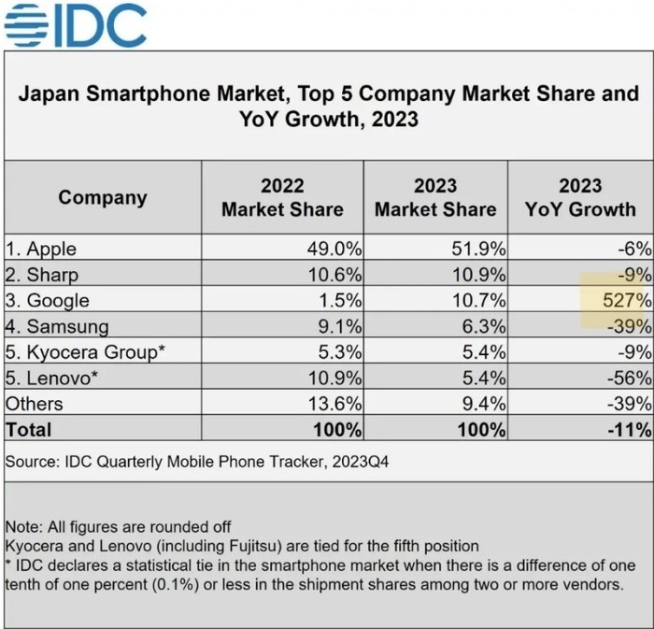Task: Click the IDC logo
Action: point(76,25)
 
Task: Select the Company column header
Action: point(103,197)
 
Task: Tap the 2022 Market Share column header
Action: point(282,197)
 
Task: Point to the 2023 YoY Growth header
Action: point(580,197)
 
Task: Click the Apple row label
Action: point(41,249)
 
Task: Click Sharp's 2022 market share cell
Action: point(337,275)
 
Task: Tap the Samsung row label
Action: point(56,327)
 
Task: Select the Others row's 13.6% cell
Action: point(337,405)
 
